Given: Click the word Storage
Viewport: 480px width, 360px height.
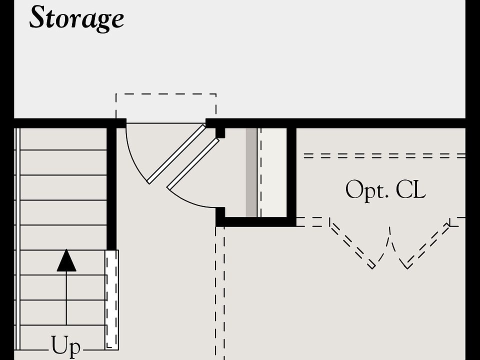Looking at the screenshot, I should coord(76,18).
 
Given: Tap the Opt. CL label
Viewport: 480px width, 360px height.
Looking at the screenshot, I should coord(385,190).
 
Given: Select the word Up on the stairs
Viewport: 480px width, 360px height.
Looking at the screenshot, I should coord(66,346).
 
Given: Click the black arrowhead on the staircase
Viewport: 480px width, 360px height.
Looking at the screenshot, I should coord(66,261).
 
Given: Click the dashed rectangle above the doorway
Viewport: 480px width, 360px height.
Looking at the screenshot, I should coord(166,106).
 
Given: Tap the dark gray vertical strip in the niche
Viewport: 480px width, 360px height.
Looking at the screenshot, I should coord(251,172).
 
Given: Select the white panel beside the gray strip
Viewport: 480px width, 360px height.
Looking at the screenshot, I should coord(273,172).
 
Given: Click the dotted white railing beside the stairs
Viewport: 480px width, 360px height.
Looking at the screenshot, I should coord(111,299).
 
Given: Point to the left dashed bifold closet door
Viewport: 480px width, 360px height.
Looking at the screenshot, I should coord(353,244).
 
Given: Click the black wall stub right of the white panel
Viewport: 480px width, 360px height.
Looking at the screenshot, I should coord(291,172).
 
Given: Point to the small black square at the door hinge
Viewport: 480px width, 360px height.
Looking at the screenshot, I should coord(220,132).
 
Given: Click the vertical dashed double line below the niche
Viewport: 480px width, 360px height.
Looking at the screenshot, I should coord(220,295).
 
